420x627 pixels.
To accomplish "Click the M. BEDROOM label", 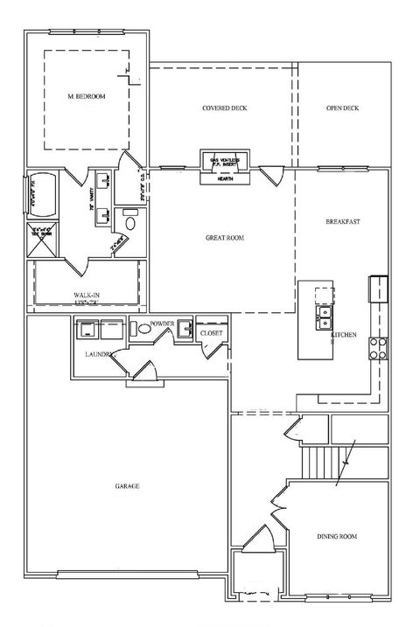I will click(x=86, y=96).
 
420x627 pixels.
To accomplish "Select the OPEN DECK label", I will click(x=343, y=108).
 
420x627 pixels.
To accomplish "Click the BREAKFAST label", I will click(x=343, y=221).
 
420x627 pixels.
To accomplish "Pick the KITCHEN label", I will click(x=343, y=334).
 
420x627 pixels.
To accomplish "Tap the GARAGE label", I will click(x=127, y=485).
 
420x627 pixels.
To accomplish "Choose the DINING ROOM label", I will click(x=337, y=535).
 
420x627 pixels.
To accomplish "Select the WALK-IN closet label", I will click(x=86, y=295).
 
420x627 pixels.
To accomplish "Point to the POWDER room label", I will click(x=162, y=324).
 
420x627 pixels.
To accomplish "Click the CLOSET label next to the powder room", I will click(x=212, y=333).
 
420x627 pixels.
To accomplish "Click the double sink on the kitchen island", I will click(x=323, y=313).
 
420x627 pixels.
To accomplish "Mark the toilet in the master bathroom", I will click(x=130, y=221).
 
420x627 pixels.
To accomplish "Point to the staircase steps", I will click(x=320, y=461).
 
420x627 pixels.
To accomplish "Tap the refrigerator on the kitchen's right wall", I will click(x=379, y=287).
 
